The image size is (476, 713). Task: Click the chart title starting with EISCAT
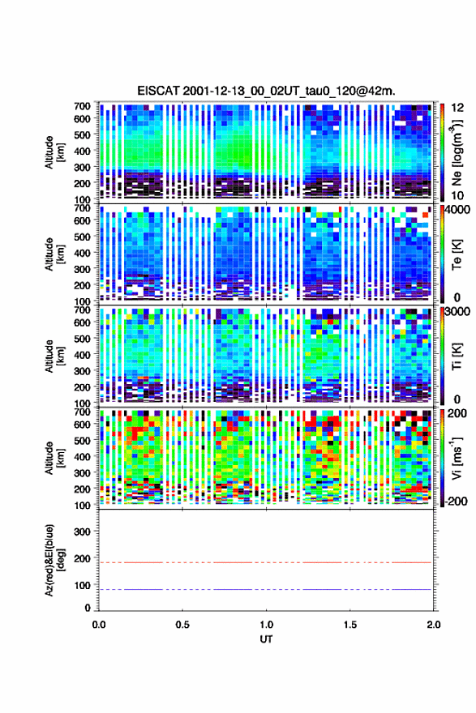point(266,91)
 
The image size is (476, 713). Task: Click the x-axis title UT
point(266,639)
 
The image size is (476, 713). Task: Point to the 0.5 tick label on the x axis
point(182,625)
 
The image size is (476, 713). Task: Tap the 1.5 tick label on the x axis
point(350,625)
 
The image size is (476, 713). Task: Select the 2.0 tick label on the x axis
point(434,625)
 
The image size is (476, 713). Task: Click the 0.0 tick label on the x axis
point(99,625)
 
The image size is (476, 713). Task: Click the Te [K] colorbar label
point(457,255)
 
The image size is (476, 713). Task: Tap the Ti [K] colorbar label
point(457,356)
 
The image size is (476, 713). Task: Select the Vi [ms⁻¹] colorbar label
point(457,458)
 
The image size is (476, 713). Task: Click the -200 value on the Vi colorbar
point(456,501)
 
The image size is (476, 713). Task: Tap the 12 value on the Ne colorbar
point(458,108)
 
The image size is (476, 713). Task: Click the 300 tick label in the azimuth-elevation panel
point(83,532)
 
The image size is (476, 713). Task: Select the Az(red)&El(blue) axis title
point(54,560)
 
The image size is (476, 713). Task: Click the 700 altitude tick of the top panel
point(83,106)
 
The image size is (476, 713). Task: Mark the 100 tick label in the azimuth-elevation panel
point(83,585)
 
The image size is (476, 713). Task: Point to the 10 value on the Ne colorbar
point(457,195)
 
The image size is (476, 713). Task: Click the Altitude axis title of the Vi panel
point(54,458)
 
